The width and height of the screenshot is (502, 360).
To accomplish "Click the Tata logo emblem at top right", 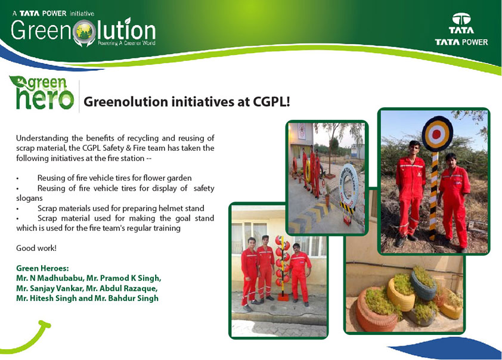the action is pos(461,19).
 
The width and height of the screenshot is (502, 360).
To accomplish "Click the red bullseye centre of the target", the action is pos(436,134).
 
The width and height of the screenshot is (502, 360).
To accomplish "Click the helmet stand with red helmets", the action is pos(283,268).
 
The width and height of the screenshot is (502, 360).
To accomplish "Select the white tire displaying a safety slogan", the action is pos(348,187).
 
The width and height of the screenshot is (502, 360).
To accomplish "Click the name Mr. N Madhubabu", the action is pos(49,278).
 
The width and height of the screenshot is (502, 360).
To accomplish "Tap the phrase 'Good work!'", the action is pos(36,248).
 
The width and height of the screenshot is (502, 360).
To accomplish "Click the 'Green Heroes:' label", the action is pos(42,268).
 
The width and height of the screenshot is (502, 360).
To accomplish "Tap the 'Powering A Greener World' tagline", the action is pos(126,43).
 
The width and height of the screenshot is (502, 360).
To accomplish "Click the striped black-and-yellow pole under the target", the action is pos(434,195).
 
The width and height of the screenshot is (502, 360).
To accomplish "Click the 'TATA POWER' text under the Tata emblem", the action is pos(461,42).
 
